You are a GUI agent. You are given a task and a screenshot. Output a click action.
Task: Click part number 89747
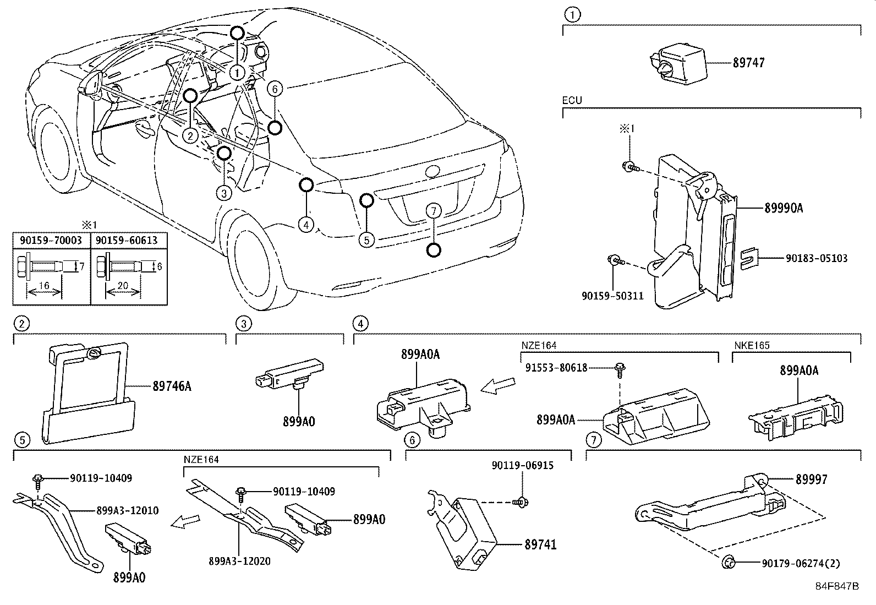pyautogui.click(x=748, y=63)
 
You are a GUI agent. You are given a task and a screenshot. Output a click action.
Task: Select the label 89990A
pyautogui.click(x=783, y=208)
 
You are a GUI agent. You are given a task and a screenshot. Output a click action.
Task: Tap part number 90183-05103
pyautogui.click(x=812, y=258)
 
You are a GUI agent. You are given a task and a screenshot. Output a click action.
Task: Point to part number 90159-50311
pyautogui.click(x=612, y=296)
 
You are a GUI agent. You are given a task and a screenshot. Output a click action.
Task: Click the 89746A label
pyautogui.click(x=172, y=386)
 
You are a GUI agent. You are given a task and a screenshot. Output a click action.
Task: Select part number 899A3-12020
pyautogui.click(x=239, y=561)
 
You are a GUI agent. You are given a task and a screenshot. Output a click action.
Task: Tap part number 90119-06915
pyautogui.click(x=522, y=466)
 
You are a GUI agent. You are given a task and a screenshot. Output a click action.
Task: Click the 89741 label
pyautogui.click(x=540, y=544)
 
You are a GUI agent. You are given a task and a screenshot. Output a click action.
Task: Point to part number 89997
pyautogui.click(x=811, y=479)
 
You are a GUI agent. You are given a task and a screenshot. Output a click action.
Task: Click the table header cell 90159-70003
pyautogui.click(x=51, y=241)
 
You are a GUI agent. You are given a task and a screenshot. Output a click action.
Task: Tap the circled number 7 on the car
pyautogui.click(x=434, y=210)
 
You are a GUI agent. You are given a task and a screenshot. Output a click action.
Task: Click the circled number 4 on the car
pyautogui.click(x=306, y=224)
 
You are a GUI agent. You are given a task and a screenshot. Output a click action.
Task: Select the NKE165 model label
pyautogui.click(x=752, y=346)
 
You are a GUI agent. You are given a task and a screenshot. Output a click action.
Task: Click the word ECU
pyautogui.click(x=572, y=101)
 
